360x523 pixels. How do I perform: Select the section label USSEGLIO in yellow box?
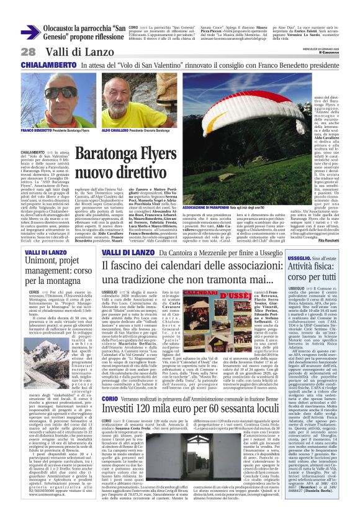[x=300, y=257]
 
